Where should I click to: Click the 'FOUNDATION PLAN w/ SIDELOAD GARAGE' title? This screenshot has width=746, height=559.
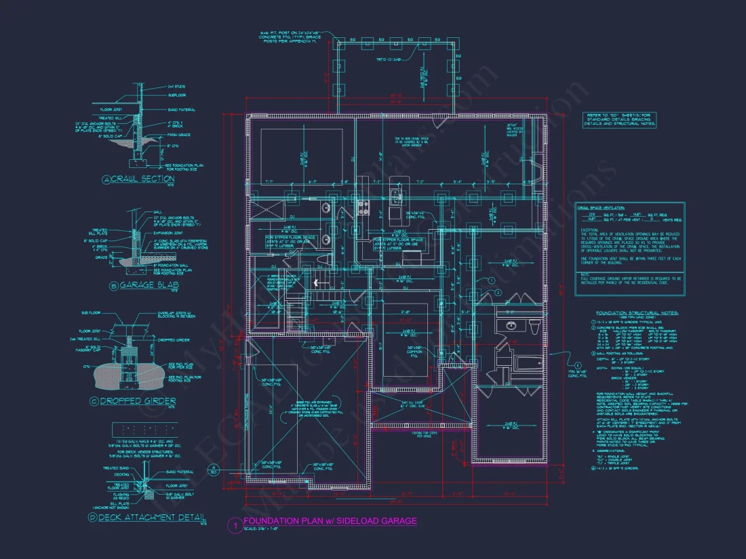point(330,520)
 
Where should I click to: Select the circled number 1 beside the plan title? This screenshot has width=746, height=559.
point(234,524)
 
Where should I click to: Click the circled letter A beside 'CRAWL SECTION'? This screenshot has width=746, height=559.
point(106,180)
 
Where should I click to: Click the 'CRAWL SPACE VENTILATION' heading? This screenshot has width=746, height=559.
point(601,208)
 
